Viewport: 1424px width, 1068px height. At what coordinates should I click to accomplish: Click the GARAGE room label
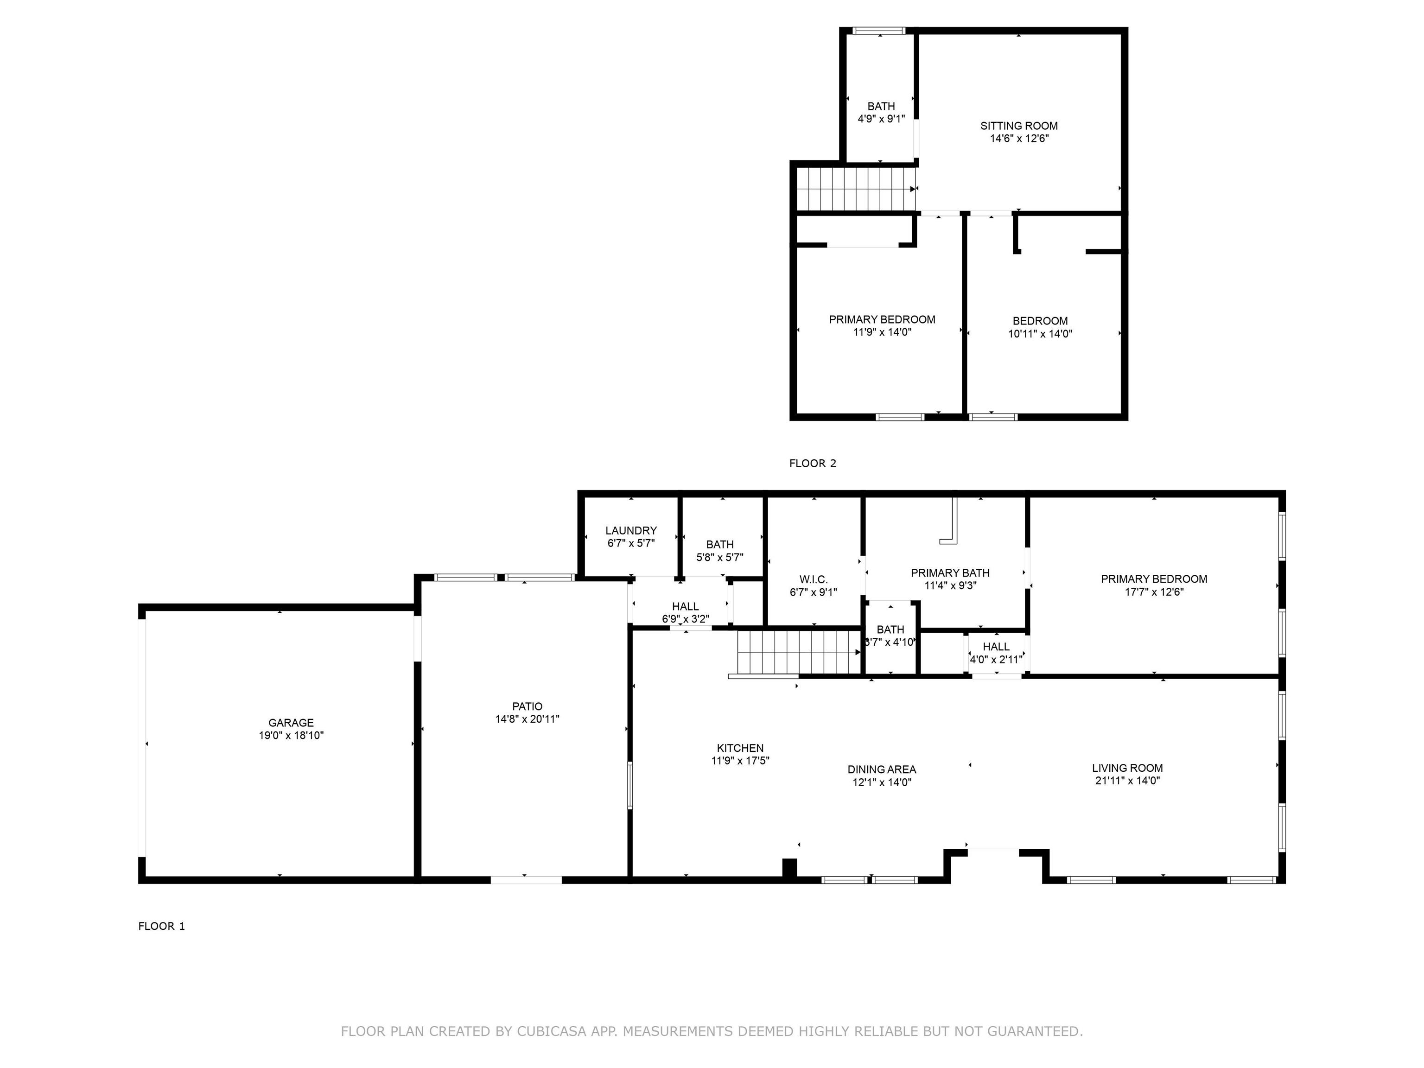coord(291,723)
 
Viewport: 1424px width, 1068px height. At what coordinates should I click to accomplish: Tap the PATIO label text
coord(527,707)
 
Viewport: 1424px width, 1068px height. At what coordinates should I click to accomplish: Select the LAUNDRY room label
coord(631,530)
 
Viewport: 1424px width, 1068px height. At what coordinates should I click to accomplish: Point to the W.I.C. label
coord(814,580)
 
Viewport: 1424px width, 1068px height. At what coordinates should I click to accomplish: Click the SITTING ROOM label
coord(1019,126)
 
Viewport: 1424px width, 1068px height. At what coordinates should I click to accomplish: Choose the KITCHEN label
coord(740,748)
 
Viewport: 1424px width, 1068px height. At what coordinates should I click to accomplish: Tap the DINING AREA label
coord(882,769)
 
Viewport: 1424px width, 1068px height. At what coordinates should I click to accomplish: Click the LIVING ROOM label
coord(1127,768)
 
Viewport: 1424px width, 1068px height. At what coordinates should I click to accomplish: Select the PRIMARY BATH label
coord(950,573)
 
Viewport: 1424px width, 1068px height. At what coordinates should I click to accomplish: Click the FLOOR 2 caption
coord(813,464)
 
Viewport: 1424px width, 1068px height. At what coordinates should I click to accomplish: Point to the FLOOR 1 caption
coord(162,926)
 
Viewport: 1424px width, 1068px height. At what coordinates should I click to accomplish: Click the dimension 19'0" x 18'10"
coord(291,736)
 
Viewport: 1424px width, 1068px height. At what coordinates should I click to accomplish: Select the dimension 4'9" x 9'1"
coord(881,119)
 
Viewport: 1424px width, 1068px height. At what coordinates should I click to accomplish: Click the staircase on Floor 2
coord(856,189)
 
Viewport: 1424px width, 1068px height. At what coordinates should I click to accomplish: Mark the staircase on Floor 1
coord(799,653)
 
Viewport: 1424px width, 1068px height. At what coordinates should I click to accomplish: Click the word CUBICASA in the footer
coord(552,1031)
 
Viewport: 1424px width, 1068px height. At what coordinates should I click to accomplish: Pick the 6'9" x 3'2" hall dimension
coord(686,619)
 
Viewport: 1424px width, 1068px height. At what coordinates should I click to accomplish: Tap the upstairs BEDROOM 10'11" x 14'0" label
coord(1040,327)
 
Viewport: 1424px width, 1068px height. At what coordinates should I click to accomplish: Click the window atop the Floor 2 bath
coord(879,30)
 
